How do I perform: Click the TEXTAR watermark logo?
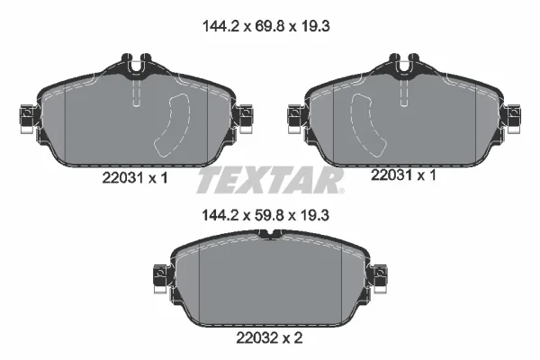click(x=270, y=180)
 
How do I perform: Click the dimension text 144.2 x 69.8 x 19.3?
click(x=265, y=26)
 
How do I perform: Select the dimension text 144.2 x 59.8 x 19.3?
click(x=265, y=215)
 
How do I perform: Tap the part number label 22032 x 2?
click(x=269, y=338)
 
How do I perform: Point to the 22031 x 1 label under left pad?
click(x=135, y=178)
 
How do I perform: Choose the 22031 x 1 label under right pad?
click(x=403, y=175)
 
